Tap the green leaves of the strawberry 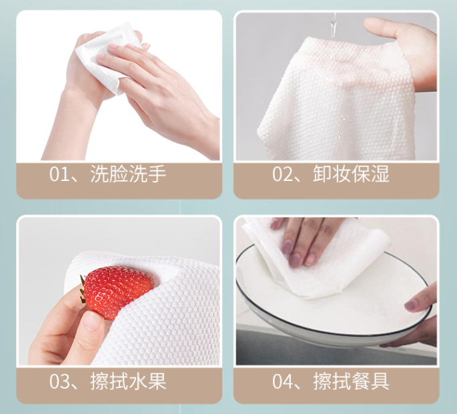pos(83,290)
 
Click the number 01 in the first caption pos(59,174)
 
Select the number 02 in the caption pos(282,174)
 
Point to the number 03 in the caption pos(59,381)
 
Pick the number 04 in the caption pos(282,381)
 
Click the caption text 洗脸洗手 pos(128,174)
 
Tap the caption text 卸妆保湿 pos(351,174)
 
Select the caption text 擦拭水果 pos(128,381)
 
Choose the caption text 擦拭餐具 pos(351,381)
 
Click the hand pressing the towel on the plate pos(303,239)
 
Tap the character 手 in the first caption pos(157,174)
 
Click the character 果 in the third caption pos(157,381)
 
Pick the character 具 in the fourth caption pos(380,381)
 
